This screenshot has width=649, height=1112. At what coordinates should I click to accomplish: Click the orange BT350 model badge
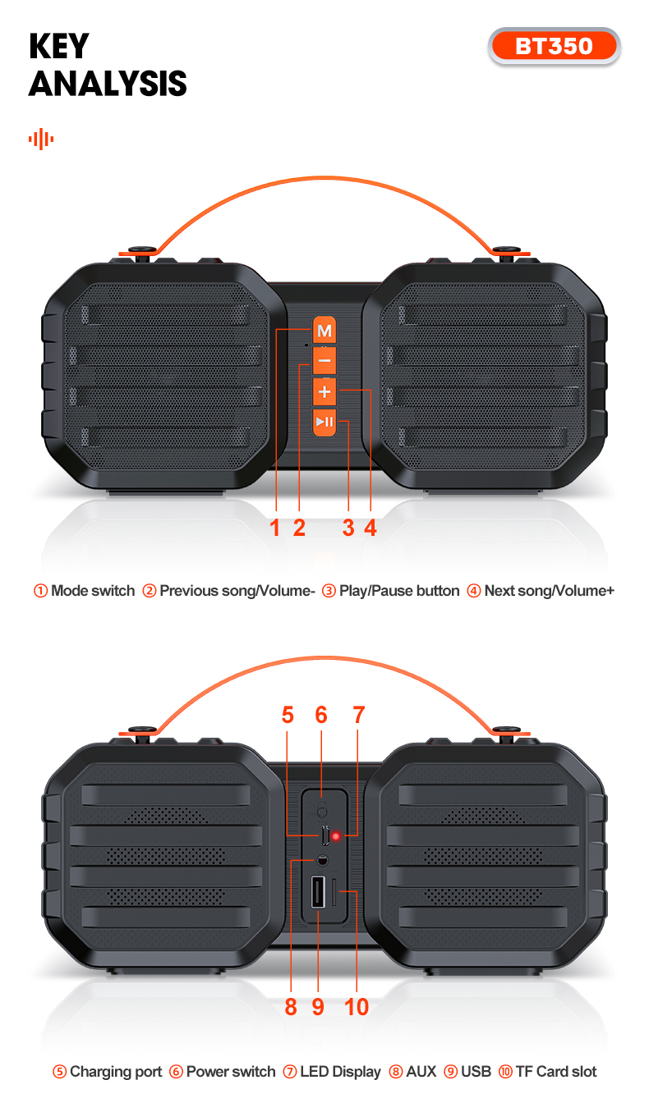click(554, 46)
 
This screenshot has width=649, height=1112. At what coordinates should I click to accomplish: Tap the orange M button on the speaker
click(324, 332)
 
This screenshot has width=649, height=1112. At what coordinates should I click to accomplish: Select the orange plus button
click(324, 391)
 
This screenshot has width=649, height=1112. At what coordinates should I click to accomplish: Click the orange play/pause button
click(324, 422)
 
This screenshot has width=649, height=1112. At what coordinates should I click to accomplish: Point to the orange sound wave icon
click(41, 139)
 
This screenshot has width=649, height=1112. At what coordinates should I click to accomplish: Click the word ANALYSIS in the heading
click(108, 84)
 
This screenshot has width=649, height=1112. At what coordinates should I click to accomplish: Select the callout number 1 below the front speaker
click(276, 528)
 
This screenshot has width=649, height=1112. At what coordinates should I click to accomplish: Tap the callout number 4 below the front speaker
click(371, 528)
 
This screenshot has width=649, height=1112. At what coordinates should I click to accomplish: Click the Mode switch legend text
click(92, 591)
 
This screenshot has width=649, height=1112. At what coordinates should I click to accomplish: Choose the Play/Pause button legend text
click(398, 591)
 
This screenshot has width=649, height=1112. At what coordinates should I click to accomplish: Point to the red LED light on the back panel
click(337, 836)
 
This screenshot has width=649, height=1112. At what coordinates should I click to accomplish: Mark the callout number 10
click(357, 1006)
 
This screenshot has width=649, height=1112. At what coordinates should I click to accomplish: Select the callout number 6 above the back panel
click(321, 715)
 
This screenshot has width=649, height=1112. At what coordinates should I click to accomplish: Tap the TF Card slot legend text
click(555, 1072)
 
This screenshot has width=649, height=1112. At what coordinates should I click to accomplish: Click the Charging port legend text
click(116, 1072)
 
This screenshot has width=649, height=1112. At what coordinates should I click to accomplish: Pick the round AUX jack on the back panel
click(321, 860)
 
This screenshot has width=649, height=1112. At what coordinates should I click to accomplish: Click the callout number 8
click(291, 1006)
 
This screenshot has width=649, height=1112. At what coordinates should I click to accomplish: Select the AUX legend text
click(421, 1072)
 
